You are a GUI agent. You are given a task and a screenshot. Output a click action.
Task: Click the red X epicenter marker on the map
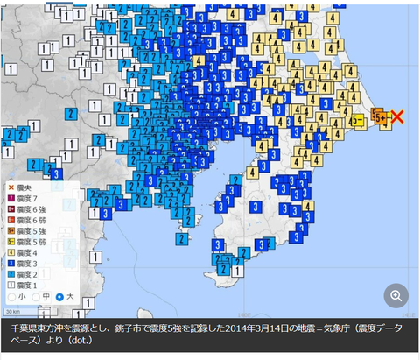click(x=397, y=116)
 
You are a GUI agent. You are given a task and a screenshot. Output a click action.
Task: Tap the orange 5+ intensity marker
click(x=381, y=116)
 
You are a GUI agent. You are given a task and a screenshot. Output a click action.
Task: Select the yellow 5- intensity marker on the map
click(x=358, y=121)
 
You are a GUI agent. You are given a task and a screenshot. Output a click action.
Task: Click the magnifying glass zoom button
click(x=395, y=296)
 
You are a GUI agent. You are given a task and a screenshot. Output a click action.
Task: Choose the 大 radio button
click(x=59, y=297)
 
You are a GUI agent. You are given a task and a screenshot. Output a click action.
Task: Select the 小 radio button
click(x=12, y=297)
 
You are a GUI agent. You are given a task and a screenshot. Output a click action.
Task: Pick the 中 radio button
click(x=36, y=297)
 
